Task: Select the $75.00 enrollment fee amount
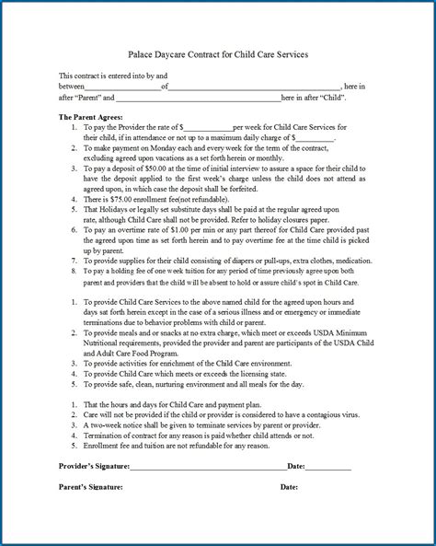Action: pyautogui.click(x=119, y=198)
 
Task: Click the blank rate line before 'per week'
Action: pyautogui.click(x=208, y=127)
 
